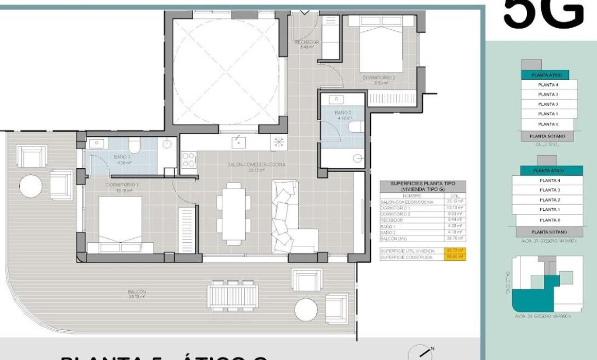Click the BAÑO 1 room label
(x=123, y=157)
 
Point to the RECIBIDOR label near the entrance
(x=306, y=42)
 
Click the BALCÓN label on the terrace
(x=136, y=292)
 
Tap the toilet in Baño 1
(x=134, y=145)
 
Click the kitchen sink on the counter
(x=238, y=141)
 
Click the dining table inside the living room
(x=234, y=213)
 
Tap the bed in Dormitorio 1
(x=120, y=224)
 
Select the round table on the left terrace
(x=31, y=186)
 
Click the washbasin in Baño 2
(x=336, y=100)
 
